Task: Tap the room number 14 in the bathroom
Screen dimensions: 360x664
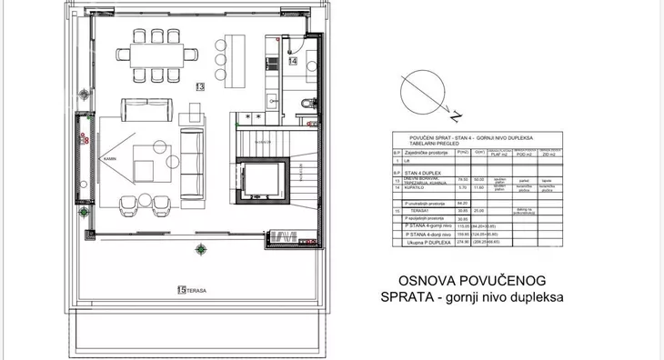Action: pos(293,62)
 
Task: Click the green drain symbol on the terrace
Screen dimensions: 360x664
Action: pos(201,249)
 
